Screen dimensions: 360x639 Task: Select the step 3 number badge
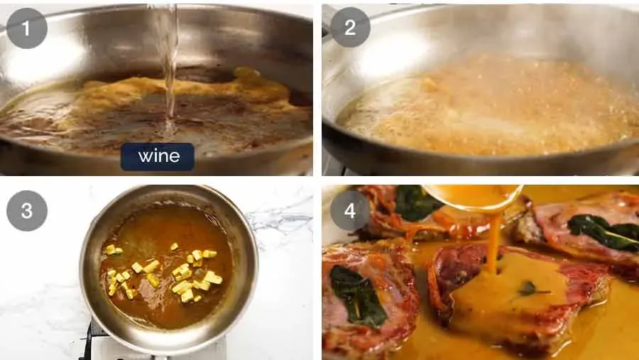[27, 211]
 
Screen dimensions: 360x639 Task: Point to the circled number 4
[349, 211]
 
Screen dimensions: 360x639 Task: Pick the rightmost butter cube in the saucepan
[213, 278]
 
